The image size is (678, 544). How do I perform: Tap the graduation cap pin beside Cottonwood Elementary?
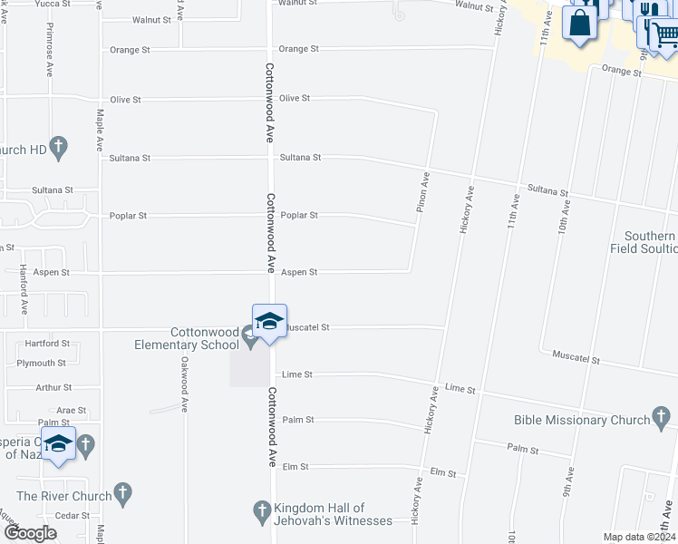[x=269, y=323]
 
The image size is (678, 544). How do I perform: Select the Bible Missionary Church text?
[x=581, y=420]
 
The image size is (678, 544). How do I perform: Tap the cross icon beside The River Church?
[x=123, y=496]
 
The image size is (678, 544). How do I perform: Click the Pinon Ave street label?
[x=422, y=192]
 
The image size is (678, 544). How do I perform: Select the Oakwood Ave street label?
[x=183, y=388]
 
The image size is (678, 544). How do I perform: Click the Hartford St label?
[x=47, y=344]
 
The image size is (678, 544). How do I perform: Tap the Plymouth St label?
[x=41, y=363]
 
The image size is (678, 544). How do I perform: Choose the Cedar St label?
[x=73, y=515]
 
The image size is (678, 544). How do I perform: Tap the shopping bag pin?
[x=579, y=23]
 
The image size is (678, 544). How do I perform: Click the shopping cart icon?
[x=666, y=34]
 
